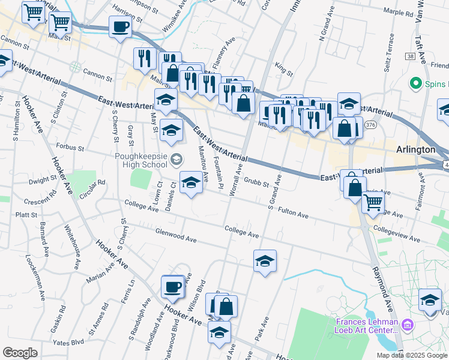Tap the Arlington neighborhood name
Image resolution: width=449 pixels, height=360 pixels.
(415, 149)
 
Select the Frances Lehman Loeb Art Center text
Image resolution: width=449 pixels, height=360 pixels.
(367, 326)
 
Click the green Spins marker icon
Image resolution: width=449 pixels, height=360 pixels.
(414, 82)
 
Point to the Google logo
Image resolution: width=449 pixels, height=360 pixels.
(19, 353)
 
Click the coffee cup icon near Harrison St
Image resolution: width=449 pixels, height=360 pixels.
(120, 27)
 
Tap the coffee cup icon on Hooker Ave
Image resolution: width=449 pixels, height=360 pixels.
(173, 286)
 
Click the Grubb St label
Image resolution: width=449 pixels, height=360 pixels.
(256, 184)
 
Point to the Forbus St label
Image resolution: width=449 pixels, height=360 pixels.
(67, 146)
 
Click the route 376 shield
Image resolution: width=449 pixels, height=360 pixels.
(370, 125)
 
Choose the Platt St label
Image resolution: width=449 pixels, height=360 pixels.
(26, 214)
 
